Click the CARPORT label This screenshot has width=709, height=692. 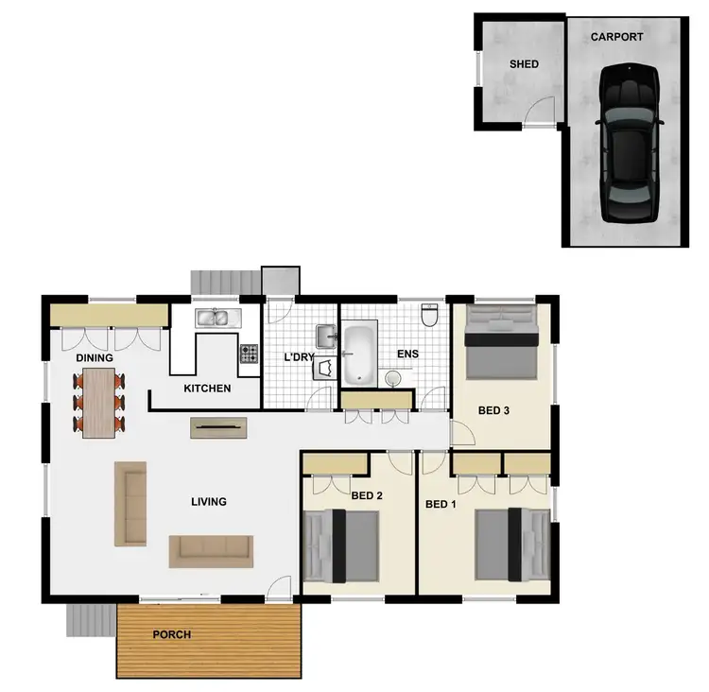click(616, 38)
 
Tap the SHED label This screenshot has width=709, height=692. click(524, 64)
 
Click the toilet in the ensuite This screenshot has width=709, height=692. click(431, 315)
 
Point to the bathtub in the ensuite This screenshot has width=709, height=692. click(357, 355)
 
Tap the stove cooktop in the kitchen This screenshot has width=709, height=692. click(250, 354)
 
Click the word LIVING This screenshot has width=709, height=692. click(208, 502)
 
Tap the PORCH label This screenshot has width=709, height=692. click(172, 634)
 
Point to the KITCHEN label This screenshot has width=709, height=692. click(207, 389)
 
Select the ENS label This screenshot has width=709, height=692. click(407, 355)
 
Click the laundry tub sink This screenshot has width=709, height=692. click(327, 335)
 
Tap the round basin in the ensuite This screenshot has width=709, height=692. click(394, 379)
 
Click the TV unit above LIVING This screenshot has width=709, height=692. click(218, 427)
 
